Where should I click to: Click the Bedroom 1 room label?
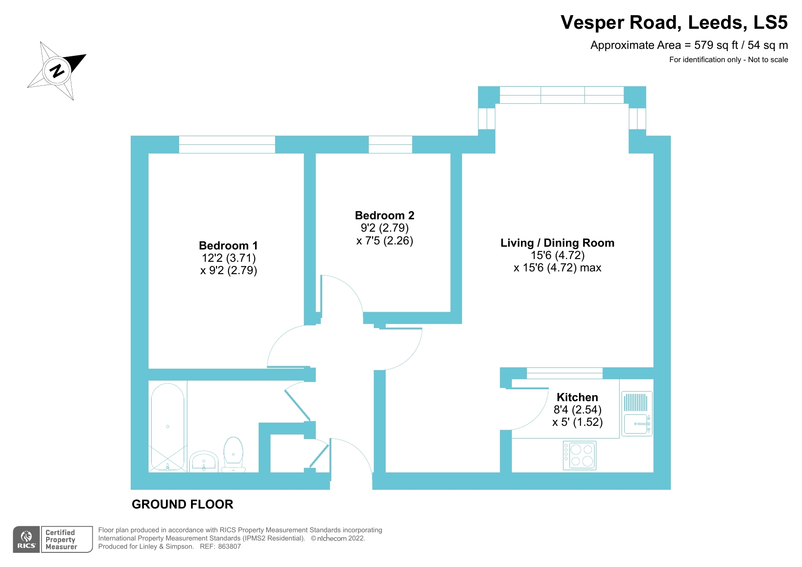click(228, 246)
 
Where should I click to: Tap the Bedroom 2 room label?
click(384, 216)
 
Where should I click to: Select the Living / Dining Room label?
click(557, 243)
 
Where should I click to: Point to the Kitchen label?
click(577, 397)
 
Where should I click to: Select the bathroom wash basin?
click(203, 461)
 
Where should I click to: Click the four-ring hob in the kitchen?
click(579, 456)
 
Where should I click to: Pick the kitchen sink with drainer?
click(637, 413)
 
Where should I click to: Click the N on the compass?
click(57, 71)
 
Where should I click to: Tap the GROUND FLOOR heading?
click(182, 504)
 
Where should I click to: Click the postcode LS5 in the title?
click(770, 23)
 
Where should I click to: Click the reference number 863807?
click(229, 546)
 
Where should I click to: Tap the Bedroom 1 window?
click(227, 144)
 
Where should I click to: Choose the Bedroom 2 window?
click(390, 144)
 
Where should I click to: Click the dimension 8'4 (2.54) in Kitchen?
click(577, 410)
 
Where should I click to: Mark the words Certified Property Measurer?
click(61, 540)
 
